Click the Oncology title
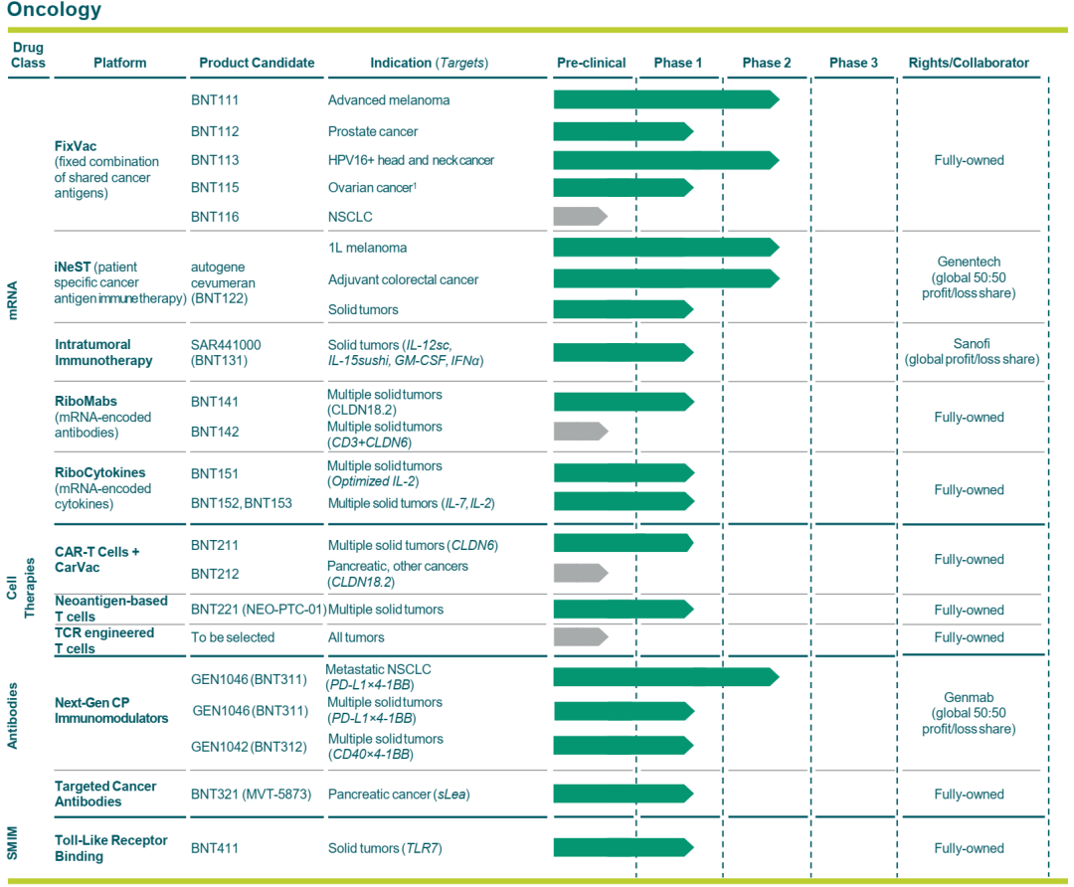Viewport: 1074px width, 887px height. pyautogui.click(x=54, y=10)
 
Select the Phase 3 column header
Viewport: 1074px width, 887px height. pyautogui.click(x=853, y=63)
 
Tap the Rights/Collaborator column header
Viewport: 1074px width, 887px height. pyautogui.click(x=969, y=63)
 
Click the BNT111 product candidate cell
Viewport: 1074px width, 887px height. pyautogui.click(x=215, y=100)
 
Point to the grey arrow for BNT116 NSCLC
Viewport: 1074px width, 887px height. pyautogui.click(x=580, y=217)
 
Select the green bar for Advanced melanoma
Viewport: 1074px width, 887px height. pyautogui.click(x=666, y=100)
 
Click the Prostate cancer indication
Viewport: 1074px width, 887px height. pyautogui.click(x=373, y=131)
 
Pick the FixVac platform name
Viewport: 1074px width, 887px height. pyautogui.click(x=76, y=146)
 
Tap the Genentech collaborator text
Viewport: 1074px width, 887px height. pyautogui.click(x=969, y=262)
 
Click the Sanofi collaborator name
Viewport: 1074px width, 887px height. pyautogui.click(x=972, y=344)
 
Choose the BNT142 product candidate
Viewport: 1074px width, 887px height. pyautogui.click(x=215, y=432)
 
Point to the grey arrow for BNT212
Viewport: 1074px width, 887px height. pyautogui.click(x=580, y=573)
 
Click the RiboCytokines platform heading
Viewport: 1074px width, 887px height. pyautogui.click(x=100, y=472)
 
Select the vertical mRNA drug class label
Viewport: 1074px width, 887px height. pyautogui.click(x=12, y=300)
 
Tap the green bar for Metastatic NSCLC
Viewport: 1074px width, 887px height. pyautogui.click(x=666, y=677)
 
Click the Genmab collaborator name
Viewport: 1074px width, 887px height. pyautogui.click(x=969, y=697)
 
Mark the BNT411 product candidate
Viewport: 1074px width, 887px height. pyautogui.click(x=215, y=848)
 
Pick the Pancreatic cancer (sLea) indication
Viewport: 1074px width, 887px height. pyautogui.click(x=399, y=795)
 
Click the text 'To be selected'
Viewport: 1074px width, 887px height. pyautogui.click(x=233, y=637)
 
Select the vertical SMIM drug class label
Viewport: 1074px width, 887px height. pyautogui.click(x=12, y=842)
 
